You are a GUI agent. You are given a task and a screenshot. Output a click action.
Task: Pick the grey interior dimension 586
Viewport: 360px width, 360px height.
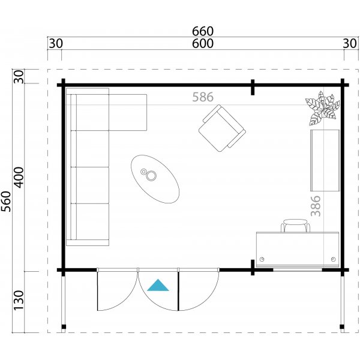pyautogui.click(x=203, y=97)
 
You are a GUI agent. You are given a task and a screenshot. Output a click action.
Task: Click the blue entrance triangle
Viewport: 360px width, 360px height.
pyautogui.click(x=158, y=286)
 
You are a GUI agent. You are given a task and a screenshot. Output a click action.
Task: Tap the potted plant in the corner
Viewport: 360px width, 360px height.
pyautogui.click(x=322, y=107)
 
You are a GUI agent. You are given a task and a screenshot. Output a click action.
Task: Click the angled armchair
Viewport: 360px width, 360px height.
pyautogui.click(x=221, y=126)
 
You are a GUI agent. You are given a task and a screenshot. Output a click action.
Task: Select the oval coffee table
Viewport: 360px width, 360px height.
pyautogui.click(x=155, y=179)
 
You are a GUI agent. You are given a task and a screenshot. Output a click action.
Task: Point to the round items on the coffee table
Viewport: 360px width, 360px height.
pyautogui.click(x=148, y=175)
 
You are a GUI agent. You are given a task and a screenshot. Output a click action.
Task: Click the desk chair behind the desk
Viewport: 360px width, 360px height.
pyautogui.click(x=295, y=226)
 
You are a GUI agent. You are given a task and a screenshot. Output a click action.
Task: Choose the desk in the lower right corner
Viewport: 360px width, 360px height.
pyautogui.click(x=296, y=248)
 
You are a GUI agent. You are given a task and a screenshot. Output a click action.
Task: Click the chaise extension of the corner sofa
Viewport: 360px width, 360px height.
pyautogui.click(x=127, y=112)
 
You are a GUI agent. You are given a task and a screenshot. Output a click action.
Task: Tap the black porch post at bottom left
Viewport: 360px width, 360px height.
pyautogui.click(x=62, y=328)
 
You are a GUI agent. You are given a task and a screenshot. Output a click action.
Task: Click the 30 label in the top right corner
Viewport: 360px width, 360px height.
pyautogui.click(x=349, y=44)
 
